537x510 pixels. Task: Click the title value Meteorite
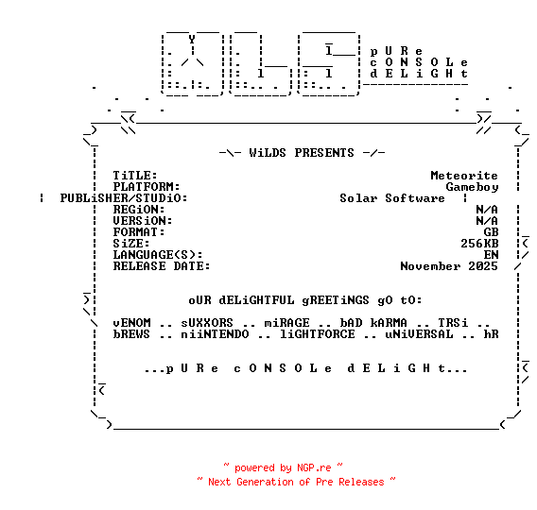[464, 176]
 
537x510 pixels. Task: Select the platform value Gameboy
[472, 187]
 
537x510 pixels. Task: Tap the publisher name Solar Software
[392, 198]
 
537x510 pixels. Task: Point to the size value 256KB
[479, 244]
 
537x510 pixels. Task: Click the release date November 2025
[449, 266]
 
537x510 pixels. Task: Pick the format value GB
[491, 232]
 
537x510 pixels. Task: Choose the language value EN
[491, 255]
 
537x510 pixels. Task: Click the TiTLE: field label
[135, 176]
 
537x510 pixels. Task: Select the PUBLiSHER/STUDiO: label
[124, 198]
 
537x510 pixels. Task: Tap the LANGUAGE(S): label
[158, 255]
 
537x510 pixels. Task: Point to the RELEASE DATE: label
[162, 266]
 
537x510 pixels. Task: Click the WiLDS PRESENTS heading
[302, 153]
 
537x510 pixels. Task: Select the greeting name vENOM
[131, 323]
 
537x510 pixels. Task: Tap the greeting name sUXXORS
[207, 323]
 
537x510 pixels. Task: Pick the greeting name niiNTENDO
[215, 334]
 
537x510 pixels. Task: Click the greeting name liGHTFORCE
[318, 334]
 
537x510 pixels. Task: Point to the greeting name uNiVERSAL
[419, 334]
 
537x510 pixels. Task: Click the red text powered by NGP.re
[283, 467]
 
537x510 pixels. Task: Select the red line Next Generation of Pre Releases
[296, 482]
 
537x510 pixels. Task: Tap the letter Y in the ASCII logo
[192, 40]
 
